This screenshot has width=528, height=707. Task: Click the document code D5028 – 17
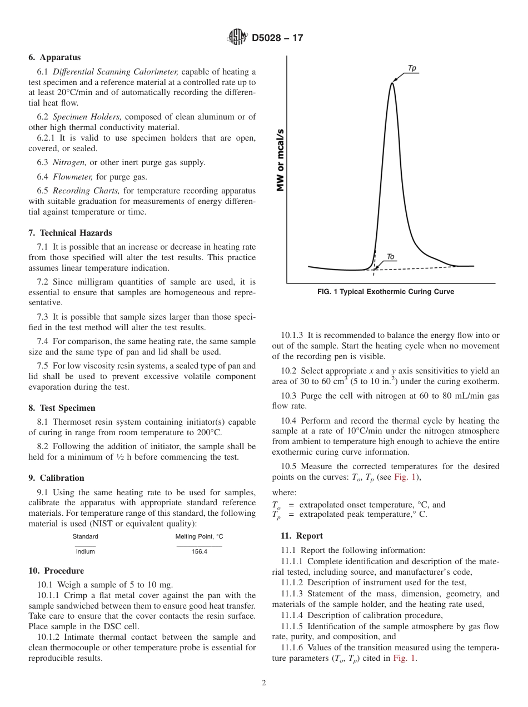click(277, 38)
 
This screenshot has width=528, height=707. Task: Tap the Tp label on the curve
click(412, 68)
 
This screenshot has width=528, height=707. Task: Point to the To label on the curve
click(390, 257)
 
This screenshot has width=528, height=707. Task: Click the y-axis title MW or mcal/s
click(281, 160)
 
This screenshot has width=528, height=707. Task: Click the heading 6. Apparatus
click(54, 57)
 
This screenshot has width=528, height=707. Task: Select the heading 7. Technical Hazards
click(70, 233)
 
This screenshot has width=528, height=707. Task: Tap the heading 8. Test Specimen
click(62, 408)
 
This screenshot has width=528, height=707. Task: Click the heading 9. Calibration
click(57, 478)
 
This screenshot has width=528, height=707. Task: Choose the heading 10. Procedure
click(56, 571)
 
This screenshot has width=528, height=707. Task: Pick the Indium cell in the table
click(85, 551)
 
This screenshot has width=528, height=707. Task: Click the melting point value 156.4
click(199, 551)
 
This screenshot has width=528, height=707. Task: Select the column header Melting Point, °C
click(199, 536)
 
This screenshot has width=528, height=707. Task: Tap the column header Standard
click(85, 536)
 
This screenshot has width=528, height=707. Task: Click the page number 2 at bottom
click(264, 683)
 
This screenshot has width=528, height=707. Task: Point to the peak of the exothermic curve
click(392, 83)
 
